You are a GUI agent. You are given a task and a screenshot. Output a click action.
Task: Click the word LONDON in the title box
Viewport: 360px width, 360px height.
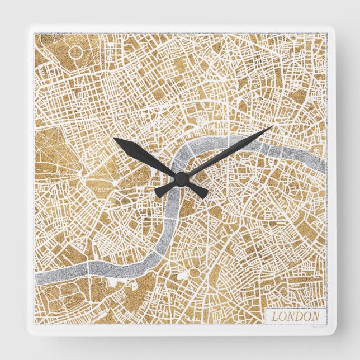coord(296,316)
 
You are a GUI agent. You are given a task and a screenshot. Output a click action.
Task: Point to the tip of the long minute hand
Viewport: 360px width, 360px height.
coord(272,127)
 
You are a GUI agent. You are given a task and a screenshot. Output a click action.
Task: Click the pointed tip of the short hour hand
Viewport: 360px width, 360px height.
coord(114,138)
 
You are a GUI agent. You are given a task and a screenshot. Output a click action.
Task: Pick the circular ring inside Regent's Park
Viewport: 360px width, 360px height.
coord(77,53)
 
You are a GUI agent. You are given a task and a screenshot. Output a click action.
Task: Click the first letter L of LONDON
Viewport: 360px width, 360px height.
coord(275,316)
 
